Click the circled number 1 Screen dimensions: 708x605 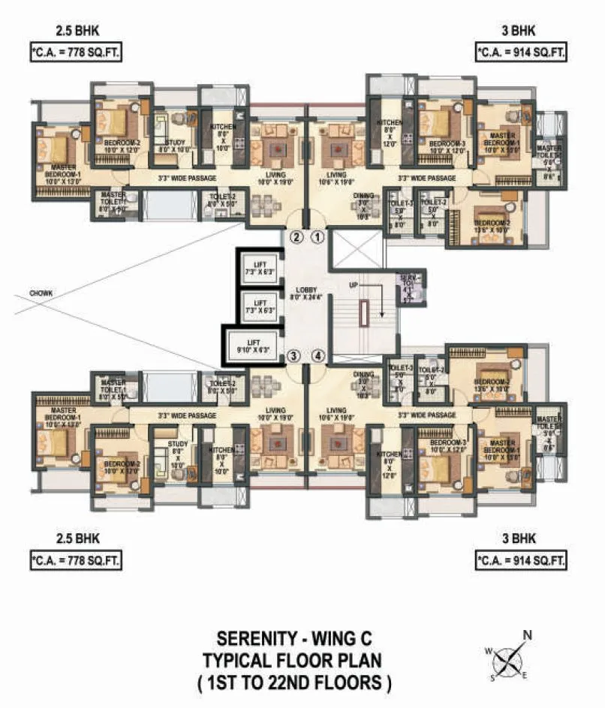coord(318,238)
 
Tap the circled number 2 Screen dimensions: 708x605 coord(296,238)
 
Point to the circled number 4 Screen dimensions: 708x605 coord(318,355)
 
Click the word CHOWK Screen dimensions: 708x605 coord(41,293)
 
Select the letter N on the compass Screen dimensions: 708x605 coord(528,636)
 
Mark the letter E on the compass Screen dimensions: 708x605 coord(524,675)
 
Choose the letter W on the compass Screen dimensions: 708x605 coord(489,650)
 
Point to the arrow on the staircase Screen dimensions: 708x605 coord(379,304)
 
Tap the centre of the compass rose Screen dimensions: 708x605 coord(509,660)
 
